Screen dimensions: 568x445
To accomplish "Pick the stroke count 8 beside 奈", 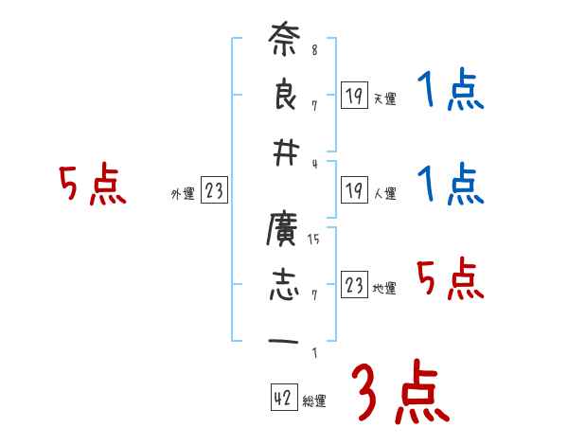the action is pyautogui.click(x=314, y=50).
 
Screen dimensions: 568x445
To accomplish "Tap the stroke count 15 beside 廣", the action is pyautogui.click(x=314, y=239).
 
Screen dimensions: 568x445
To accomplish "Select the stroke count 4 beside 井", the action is pyautogui.click(x=314, y=161).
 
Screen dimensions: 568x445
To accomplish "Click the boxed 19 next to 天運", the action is pyautogui.click(x=354, y=96).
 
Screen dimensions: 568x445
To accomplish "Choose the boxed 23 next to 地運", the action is pyautogui.click(x=354, y=286).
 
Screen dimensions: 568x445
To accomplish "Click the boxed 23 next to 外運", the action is pyautogui.click(x=214, y=191).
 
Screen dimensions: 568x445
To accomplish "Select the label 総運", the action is pyautogui.click(x=314, y=401).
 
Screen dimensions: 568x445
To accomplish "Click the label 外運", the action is pyautogui.click(x=182, y=195).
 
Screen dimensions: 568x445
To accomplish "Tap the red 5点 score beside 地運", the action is pyautogui.click(x=450, y=279).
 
